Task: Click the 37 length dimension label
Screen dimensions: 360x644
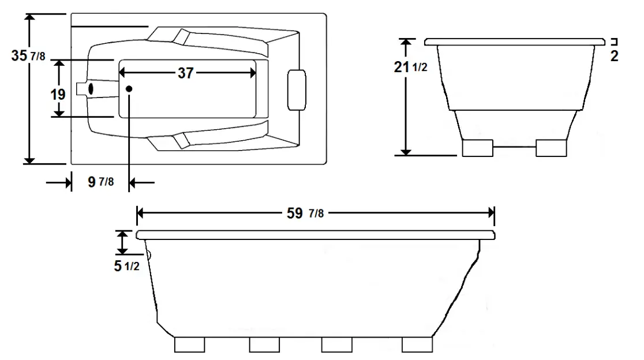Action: (185, 73)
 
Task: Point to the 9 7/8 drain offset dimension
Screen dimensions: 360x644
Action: (99, 182)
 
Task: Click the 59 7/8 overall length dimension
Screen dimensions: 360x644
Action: (305, 212)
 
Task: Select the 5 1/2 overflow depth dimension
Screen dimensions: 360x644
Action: (126, 268)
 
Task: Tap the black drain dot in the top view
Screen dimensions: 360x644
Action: (129, 88)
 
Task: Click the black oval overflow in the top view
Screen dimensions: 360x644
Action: (90, 89)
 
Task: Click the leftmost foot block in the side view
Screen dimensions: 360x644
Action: (190, 344)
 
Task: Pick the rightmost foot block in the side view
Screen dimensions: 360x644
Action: (417, 344)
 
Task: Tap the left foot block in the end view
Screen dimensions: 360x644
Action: (478, 148)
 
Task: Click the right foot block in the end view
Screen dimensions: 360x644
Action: (552, 148)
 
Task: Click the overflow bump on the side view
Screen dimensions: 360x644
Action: (148, 254)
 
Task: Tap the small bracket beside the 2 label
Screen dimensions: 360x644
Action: (615, 41)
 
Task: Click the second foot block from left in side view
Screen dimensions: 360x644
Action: (265, 344)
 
